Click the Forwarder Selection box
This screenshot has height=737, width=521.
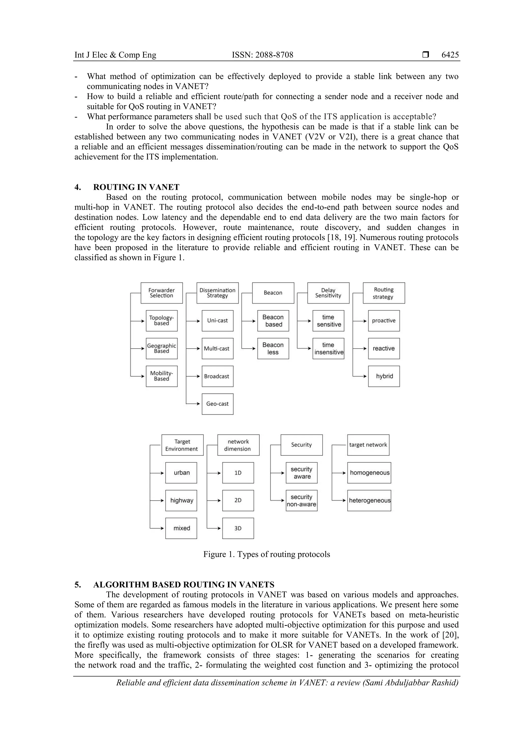[x=162, y=293]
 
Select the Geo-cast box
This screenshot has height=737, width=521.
[x=217, y=404]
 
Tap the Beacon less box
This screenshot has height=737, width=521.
[x=273, y=348]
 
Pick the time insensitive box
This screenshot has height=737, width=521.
[x=328, y=348]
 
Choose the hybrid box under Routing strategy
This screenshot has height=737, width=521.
[x=384, y=376]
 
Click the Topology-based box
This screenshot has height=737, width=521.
[x=162, y=321]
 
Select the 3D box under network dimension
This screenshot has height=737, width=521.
[x=238, y=528]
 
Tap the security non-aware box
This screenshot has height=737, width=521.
[x=301, y=500]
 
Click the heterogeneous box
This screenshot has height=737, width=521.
[x=369, y=500]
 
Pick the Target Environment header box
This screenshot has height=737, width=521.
[x=182, y=445]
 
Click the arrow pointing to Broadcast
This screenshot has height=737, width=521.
[x=194, y=376]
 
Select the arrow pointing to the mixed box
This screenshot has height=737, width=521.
[x=157, y=528]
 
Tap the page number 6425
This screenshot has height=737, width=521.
[x=450, y=55]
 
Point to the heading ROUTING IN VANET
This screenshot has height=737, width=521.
[x=136, y=187]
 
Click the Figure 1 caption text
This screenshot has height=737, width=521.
[x=266, y=554]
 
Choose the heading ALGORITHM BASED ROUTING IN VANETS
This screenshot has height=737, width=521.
[x=184, y=585]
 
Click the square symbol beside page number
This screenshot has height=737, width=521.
[x=426, y=55]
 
